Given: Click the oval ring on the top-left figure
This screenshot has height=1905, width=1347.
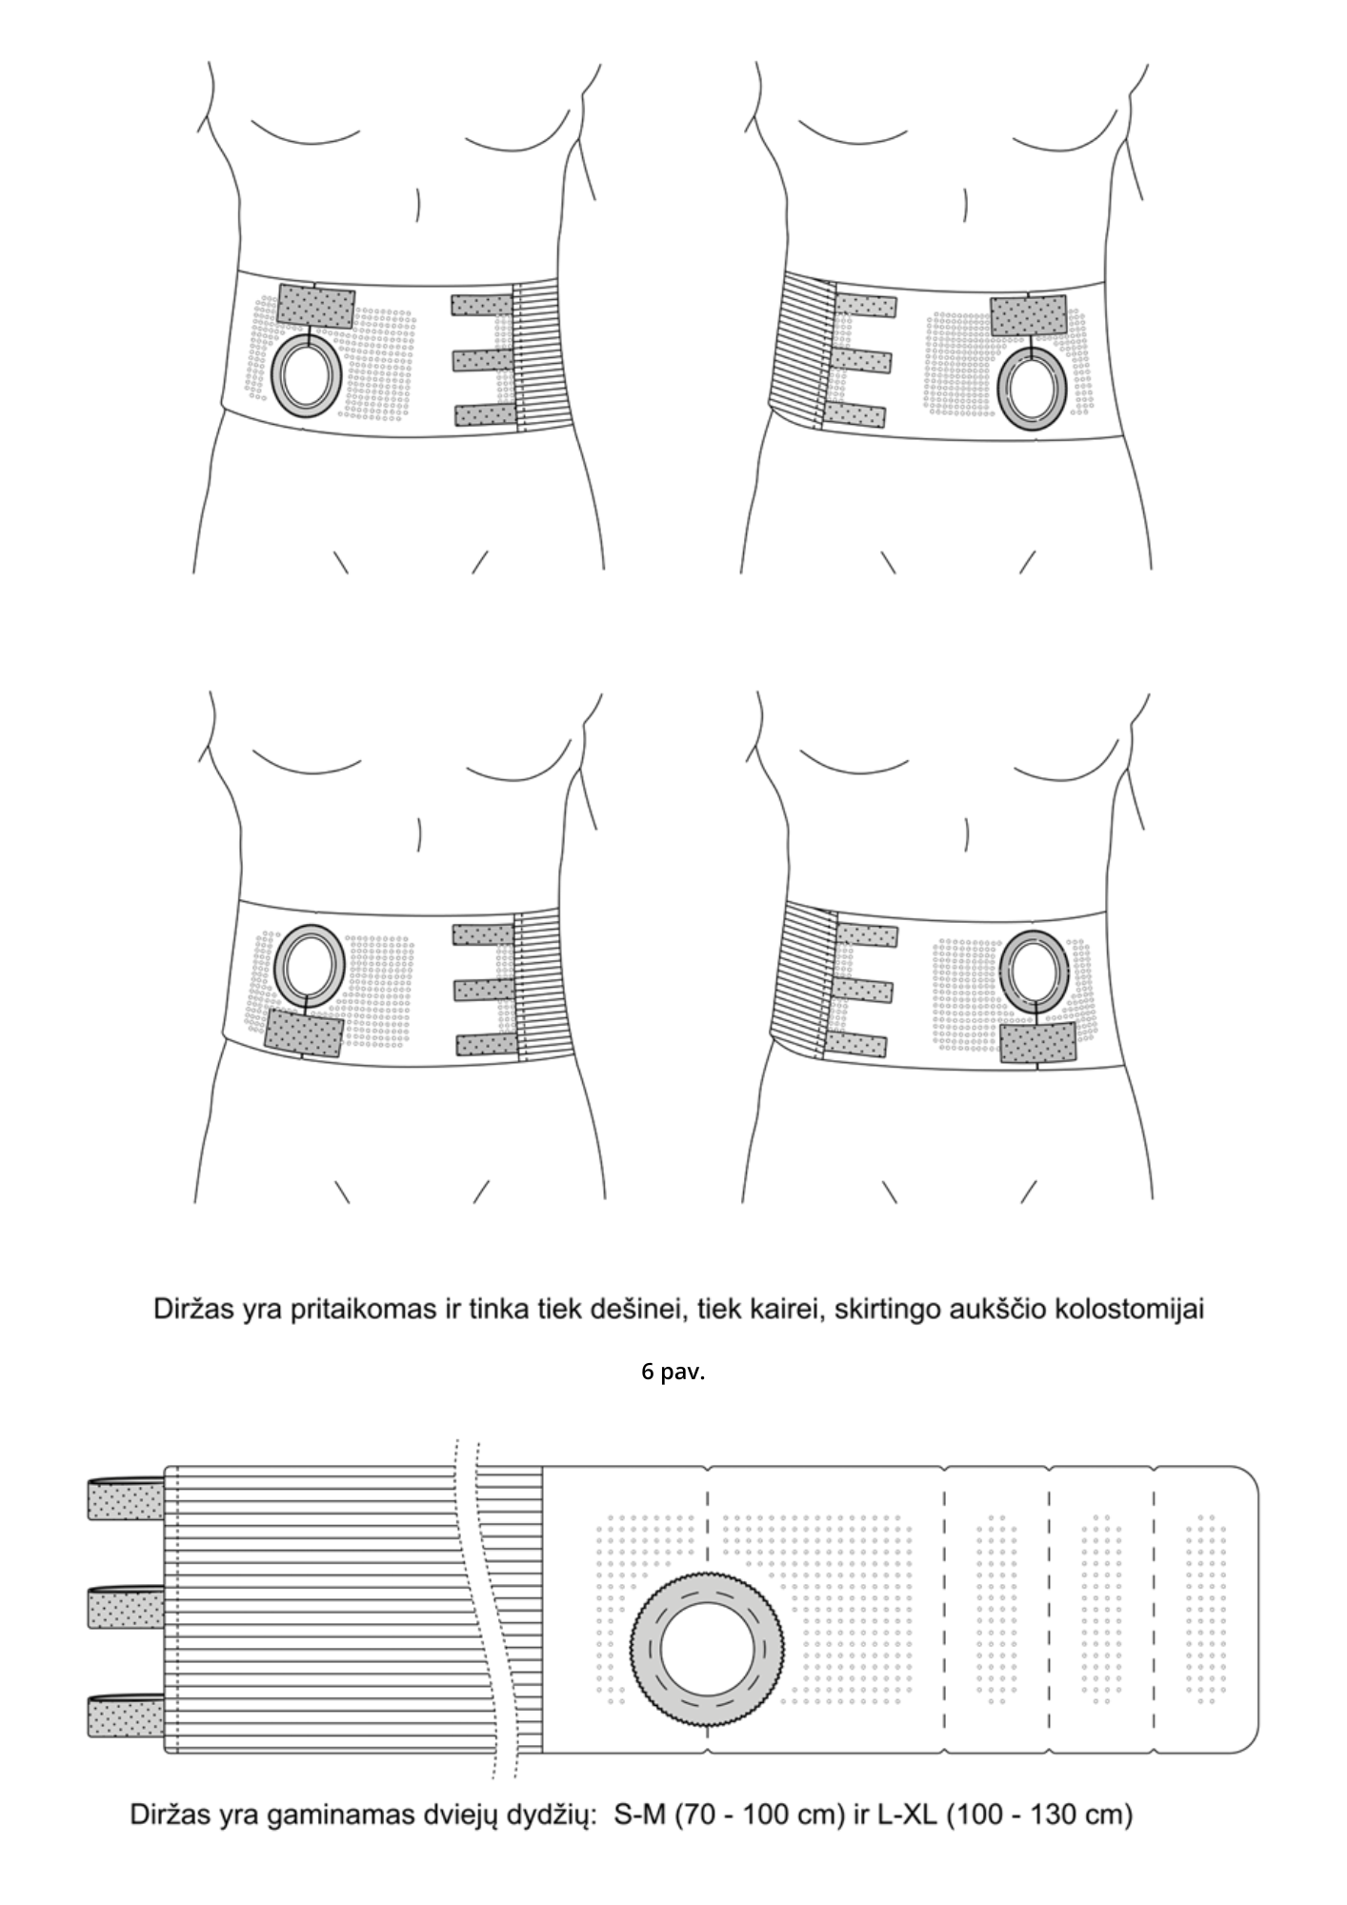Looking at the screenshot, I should coord(306,375).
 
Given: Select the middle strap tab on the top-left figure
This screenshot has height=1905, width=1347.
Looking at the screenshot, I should coord(482,360).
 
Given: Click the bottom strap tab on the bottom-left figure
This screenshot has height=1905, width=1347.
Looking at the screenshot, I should coord(487,1045).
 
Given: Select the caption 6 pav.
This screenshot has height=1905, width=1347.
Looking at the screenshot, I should coord(673,1373).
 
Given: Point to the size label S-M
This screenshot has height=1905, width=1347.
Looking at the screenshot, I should coord(640,1815).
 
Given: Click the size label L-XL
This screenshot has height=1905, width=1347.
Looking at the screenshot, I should coord(904,1815).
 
